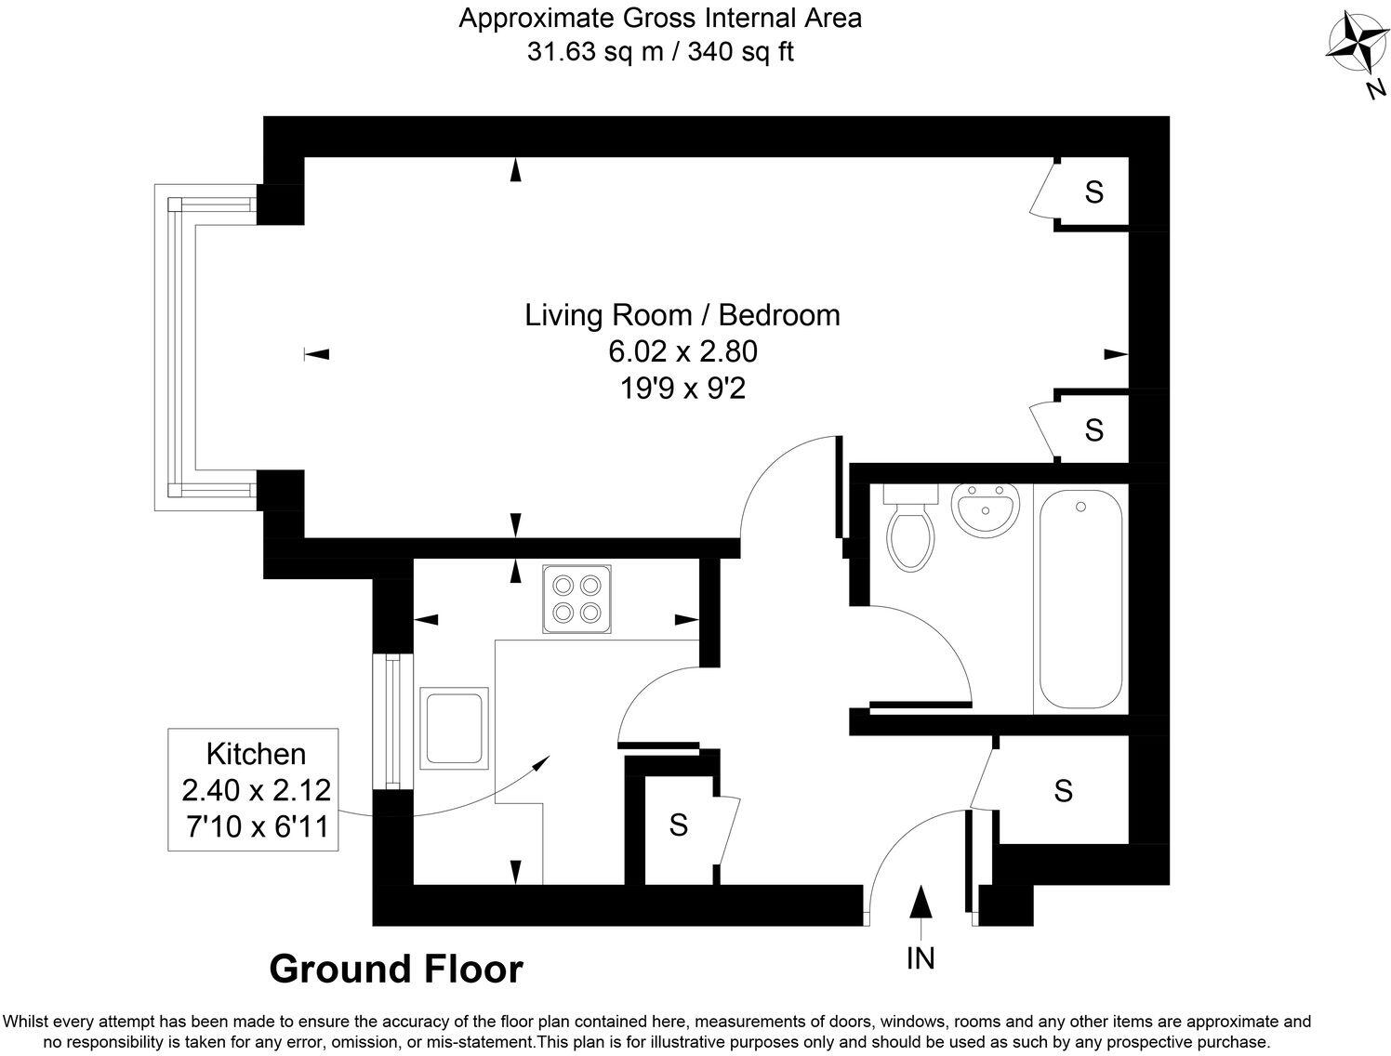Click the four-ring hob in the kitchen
(x=576, y=599)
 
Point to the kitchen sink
(x=454, y=728)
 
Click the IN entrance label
(x=921, y=958)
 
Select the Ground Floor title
(x=396, y=970)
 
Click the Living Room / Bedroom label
(x=682, y=315)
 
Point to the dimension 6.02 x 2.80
(x=682, y=351)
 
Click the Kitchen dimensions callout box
(x=255, y=789)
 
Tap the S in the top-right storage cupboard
(x=1094, y=192)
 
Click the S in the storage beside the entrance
(x=1063, y=791)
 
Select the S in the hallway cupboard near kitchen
(x=679, y=825)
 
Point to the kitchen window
(x=392, y=721)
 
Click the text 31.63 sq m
(x=595, y=52)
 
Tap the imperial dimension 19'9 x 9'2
(x=682, y=388)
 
